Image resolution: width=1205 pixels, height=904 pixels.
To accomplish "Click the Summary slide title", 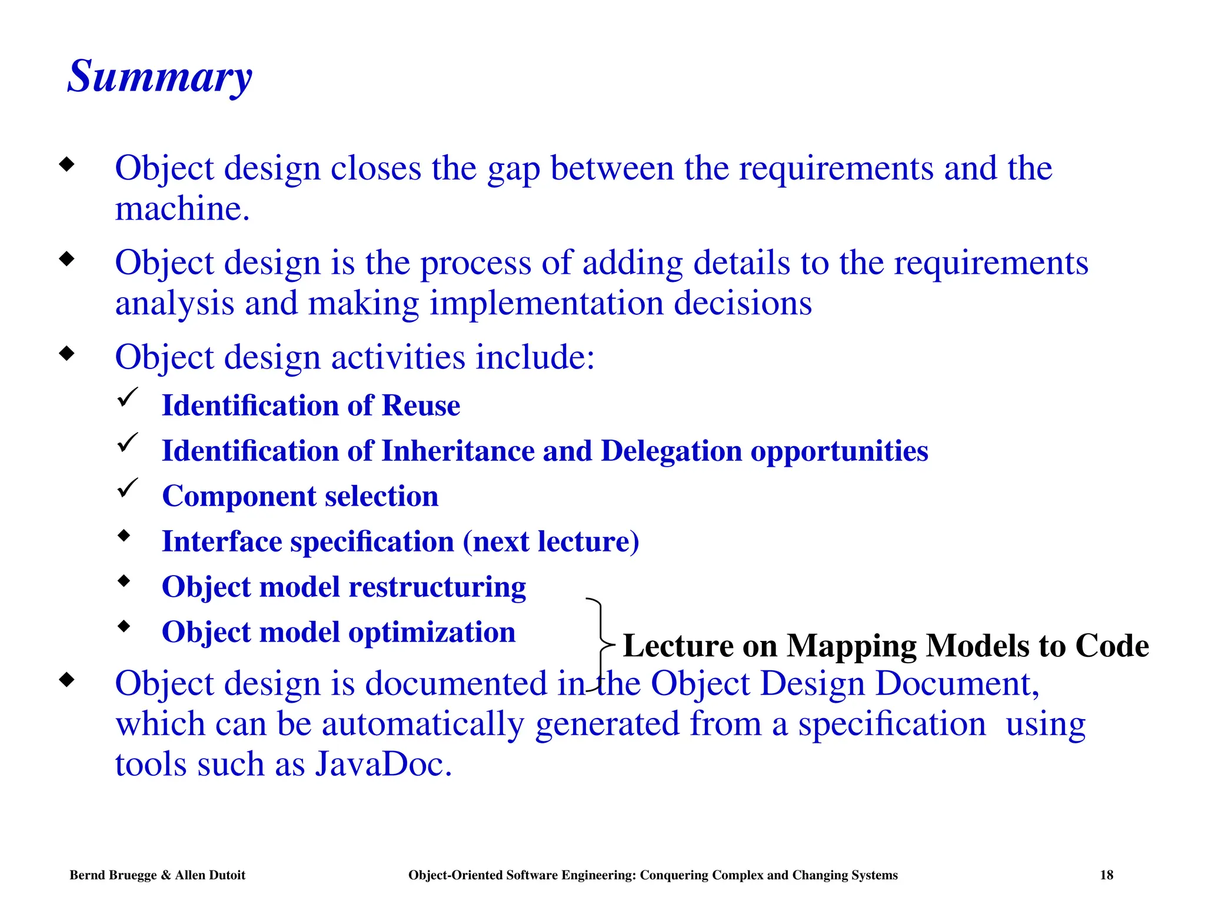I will pyautogui.click(x=159, y=77).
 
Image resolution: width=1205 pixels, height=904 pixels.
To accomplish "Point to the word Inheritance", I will pyautogui.click(x=457, y=451).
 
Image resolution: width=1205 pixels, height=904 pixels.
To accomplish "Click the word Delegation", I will pyautogui.click(x=671, y=451).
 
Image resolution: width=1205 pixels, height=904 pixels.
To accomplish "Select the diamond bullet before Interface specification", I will pyautogui.click(x=124, y=536).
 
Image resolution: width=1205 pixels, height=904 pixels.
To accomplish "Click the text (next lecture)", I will pyautogui.click(x=551, y=541).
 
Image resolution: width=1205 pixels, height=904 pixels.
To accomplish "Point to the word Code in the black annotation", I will pyautogui.click(x=1111, y=646).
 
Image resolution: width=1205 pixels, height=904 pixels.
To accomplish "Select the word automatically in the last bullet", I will pyautogui.click(x=422, y=724).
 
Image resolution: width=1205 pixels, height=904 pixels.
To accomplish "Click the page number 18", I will pyautogui.click(x=1106, y=875).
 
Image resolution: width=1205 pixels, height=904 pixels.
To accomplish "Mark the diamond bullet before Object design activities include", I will pyautogui.click(x=67, y=354).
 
